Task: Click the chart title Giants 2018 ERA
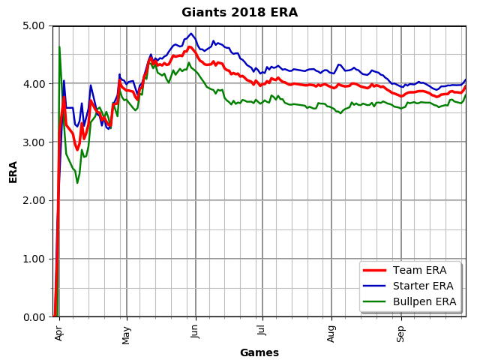coord(239,13)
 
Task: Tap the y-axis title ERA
coord(13,172)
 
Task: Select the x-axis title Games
coord(259,352)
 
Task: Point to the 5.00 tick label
coord(34,25)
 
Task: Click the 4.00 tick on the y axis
coord(34,83)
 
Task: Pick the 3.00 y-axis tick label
coord(34,142)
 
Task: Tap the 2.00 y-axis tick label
coord(34,200)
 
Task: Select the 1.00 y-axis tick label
coord(34,259)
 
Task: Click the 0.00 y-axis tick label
coord(34,317)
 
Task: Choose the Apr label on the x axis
coord(58,333)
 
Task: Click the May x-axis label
coord(126,335)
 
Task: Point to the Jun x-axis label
coord(195,332)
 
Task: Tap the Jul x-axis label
coord(262,331)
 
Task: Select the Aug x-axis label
coord(331,334)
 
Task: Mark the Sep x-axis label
coord(400,334)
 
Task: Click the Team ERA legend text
coord(420,270)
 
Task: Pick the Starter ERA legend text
coord(423,286)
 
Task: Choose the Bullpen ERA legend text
coord(424,301)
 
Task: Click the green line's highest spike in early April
coord(59,46)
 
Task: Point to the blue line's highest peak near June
coord(191,33)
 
